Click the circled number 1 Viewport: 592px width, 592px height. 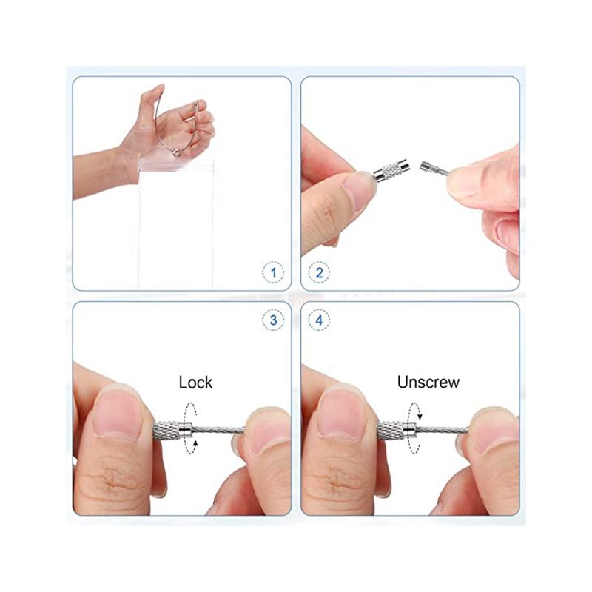point(273,272)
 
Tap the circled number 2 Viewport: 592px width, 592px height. point(319,272)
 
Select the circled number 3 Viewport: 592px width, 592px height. point(273,320)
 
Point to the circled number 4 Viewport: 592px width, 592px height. point(319,320)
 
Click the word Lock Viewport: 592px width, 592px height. point(195,383)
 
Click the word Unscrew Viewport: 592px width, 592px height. point(428,382)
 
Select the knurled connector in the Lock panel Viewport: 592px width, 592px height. point(172,430)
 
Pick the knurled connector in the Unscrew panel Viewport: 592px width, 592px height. point(397,431)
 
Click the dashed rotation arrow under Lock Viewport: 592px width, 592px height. point(191,428)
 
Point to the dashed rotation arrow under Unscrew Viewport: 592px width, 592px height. point(414,428)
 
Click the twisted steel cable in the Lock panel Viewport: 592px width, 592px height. point(218,429)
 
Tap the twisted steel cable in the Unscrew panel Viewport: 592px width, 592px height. point(442,430)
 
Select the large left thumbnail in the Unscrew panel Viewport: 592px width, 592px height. point(342,414)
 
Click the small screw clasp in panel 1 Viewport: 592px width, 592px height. point(177,152)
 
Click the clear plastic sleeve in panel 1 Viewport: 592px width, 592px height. point(176,223)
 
